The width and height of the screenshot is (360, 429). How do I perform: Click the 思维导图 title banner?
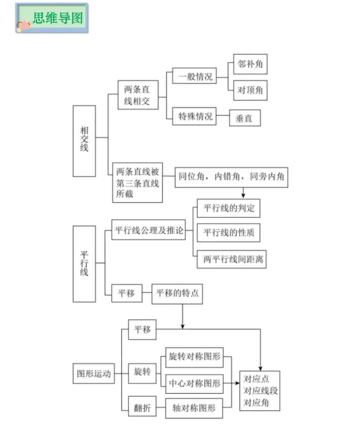(52, 18)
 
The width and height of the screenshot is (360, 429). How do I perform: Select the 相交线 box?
(84, 140)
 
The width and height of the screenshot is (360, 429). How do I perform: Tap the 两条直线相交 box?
(137, 96)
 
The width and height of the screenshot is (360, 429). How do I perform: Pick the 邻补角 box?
(250, 65)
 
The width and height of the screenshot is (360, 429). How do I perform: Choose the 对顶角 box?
(250, 90)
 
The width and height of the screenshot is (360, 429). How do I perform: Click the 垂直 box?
(245, 119)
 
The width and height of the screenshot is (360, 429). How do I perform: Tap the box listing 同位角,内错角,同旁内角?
(231, 178)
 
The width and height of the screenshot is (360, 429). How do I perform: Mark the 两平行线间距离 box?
(231, 259)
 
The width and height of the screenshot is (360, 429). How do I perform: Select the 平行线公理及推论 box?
(148, 231)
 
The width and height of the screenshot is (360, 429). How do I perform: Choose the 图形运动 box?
(94, 374)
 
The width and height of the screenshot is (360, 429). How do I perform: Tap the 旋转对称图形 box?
(194, 357)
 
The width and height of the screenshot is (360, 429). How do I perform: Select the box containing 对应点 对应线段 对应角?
(259, 391)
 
